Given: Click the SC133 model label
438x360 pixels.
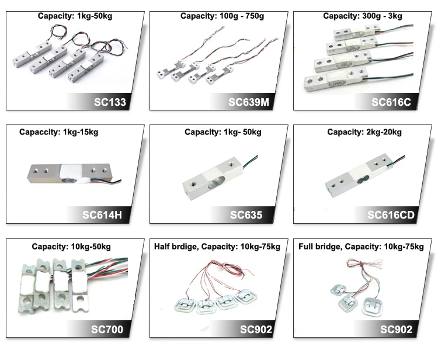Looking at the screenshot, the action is (110, 103).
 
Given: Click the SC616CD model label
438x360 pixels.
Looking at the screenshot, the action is (391, 215).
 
